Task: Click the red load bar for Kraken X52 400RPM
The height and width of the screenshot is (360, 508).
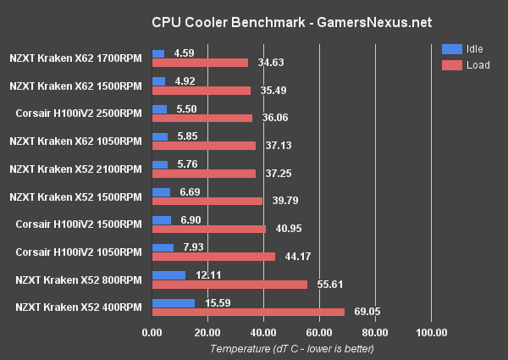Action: (x=248, y=312)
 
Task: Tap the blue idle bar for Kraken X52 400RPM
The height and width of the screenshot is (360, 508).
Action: (x=173, y=302)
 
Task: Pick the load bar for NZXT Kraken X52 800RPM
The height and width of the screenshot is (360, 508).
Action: (x=229, y=285)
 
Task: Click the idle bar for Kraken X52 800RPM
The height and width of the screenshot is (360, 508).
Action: (x=168, y=275)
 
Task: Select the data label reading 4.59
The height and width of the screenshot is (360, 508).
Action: (x=185, y=53)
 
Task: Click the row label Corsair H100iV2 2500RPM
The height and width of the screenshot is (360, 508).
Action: (x=79, y=114)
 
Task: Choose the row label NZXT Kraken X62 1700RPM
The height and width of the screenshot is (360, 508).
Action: (x=75, y=58)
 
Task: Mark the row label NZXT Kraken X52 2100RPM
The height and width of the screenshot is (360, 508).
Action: (x=75, y=169)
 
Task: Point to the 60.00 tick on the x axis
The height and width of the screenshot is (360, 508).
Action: (x=319, y=332)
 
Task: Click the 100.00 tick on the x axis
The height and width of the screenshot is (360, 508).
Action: (x=431, y=332)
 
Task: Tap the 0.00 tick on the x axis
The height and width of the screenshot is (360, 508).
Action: (x=152, y=332)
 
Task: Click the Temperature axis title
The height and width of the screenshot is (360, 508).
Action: (x=291, y=348)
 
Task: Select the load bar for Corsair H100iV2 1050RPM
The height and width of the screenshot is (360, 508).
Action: (x=213, y=257)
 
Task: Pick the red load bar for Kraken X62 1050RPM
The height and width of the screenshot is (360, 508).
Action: (x=203, y=146)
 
